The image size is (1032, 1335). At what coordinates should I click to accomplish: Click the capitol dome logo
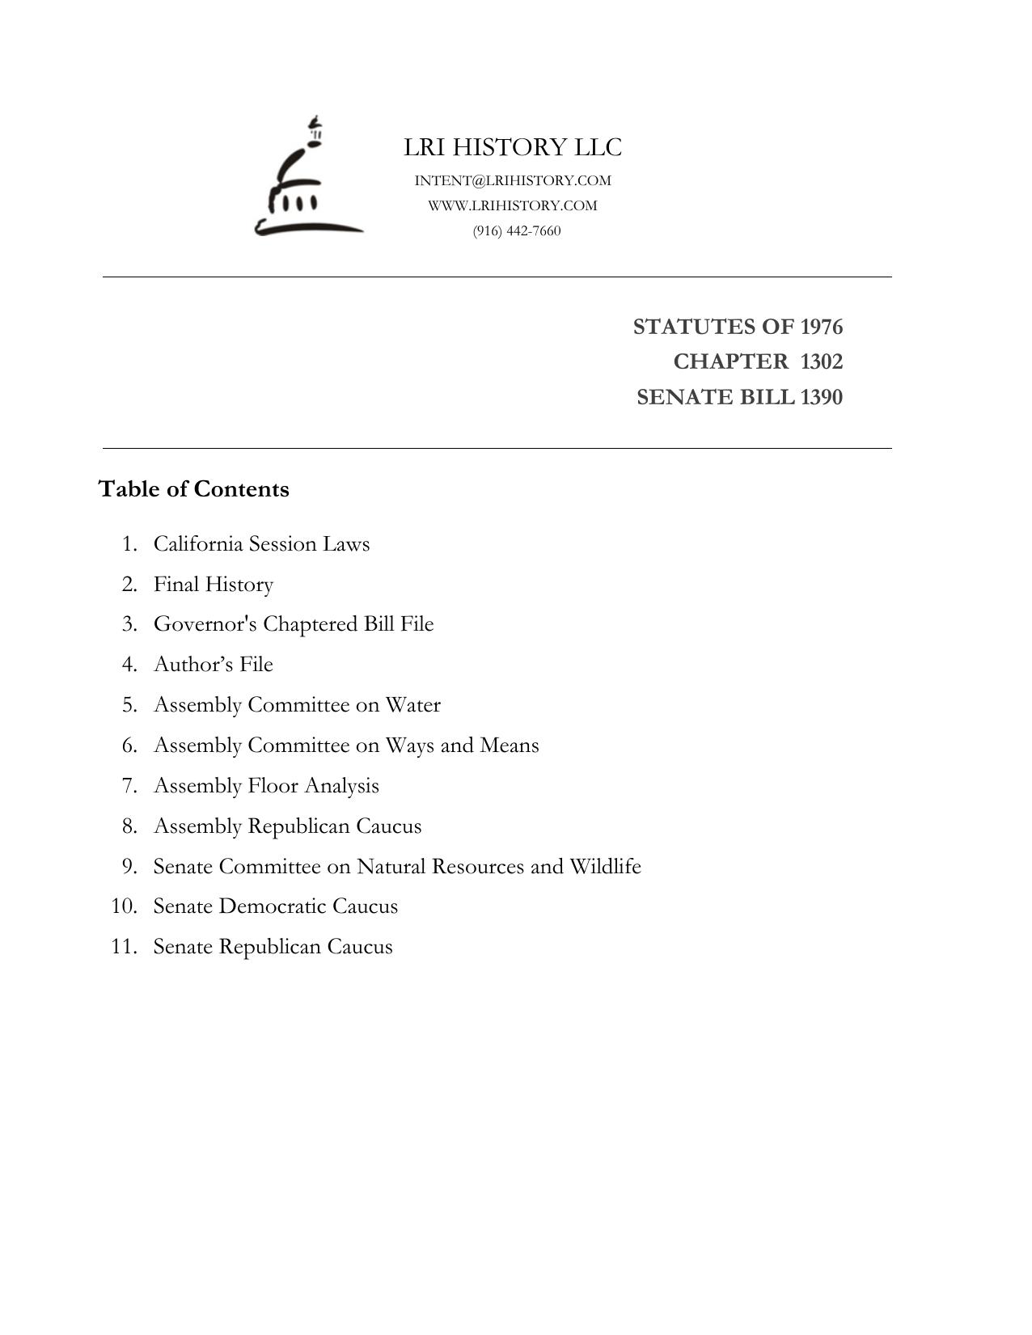(308, 178)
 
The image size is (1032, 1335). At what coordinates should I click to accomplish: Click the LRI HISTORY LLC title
(513, 147)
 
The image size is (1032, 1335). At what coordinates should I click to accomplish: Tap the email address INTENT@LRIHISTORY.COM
(513, 180)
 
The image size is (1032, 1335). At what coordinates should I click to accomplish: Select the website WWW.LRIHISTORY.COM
(513, 205)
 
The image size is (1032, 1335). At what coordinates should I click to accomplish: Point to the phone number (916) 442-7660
(517, 231)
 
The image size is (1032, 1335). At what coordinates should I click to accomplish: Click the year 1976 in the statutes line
(821, 327)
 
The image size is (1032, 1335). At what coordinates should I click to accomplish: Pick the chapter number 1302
(821, 361)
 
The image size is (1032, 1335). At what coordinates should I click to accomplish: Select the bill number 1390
(821, 397)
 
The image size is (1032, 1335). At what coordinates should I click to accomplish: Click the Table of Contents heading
(193, 489)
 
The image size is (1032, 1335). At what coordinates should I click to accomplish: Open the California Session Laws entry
(261, 543)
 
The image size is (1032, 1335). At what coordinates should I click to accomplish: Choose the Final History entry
(214, 584)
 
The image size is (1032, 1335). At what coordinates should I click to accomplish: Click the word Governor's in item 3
(205, 624)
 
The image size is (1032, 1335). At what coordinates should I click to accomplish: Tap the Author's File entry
(214, 664)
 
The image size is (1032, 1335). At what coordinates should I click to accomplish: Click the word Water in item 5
(412, 704)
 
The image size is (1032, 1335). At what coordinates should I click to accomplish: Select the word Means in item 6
(509, 745)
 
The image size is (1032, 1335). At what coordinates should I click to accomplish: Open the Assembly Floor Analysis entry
(266, 785)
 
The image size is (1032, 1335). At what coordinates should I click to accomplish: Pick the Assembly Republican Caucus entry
(287, 826)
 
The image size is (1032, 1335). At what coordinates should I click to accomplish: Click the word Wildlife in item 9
(605, 866)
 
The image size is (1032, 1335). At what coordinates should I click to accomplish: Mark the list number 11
(124, 946)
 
